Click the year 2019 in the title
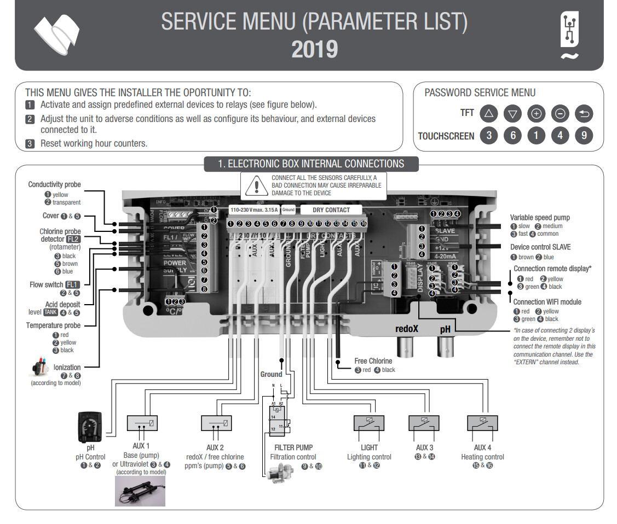pyautogui.click(x=314, y=49)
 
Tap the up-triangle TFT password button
pyautogui.click(x=488, y=114)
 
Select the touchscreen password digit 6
pyautogui.click(x=512, y=136)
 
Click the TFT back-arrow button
pyautogui.click(x=584, y=114)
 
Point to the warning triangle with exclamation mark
pyautogui.click(x=256, y=186)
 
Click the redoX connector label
pyautogui.click(x=407, y=329)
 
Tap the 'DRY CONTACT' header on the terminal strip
pyautogui.click(x=331, y=209)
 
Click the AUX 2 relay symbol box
pyautogui.click(x=217, y=423)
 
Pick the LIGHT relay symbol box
pyautogui.click(x=369, y=423)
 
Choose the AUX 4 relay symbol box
pyautogui.click(x=482, y=423)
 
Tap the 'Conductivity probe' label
pyautogui.click(x=54, y=185)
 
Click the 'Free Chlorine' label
pyautogui.click(x=373, y=361)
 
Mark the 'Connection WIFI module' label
pyautogui.click(x=547, y=302)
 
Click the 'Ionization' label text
pyautogui.click(x=67, y=368)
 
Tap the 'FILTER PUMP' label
pyautogui.click(x=293, y=447)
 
